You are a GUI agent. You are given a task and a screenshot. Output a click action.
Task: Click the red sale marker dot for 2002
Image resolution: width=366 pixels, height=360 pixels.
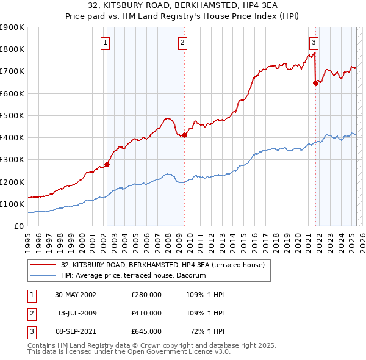107,164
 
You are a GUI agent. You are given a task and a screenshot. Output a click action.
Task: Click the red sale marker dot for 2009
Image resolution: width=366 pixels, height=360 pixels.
184,135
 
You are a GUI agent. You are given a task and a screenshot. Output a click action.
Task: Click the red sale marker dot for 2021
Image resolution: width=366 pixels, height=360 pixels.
315,84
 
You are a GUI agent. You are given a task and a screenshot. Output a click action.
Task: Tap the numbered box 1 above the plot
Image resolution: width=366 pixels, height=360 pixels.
106,43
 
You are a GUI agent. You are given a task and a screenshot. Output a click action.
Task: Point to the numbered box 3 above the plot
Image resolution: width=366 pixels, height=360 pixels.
314,43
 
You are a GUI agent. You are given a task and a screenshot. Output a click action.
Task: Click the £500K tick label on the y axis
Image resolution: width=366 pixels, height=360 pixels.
12,115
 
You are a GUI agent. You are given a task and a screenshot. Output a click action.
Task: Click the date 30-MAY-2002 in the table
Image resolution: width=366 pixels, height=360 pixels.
76,295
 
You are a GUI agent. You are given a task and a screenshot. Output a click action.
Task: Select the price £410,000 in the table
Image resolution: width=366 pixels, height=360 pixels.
146,313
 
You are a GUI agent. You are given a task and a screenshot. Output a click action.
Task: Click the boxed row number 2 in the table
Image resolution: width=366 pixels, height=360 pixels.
30,313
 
